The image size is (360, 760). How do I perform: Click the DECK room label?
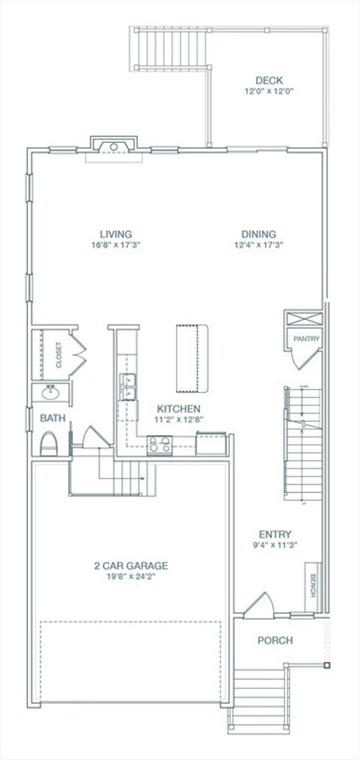(x=269, y=81)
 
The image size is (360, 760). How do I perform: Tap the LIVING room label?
(x=116, y=234)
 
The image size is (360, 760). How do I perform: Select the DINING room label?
(x=259, y=234)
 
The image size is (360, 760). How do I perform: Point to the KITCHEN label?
(x=179, y=409)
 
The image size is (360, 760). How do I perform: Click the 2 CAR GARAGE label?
(x=131, y=566)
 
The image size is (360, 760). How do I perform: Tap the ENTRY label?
(x=275, y=535)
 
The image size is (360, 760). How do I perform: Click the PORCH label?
(x=275, y=640)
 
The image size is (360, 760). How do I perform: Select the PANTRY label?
(x=307, y=339)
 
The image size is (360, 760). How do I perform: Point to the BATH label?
(x=53, y=418)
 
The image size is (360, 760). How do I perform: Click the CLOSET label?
(x=59, y=355)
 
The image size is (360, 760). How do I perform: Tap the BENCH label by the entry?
(x=313, y=586)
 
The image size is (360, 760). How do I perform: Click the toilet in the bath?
(x=49, y=444)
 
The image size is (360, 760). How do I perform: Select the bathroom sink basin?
(x=51, y=392)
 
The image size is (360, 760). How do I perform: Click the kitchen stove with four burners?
(x=160, y=445)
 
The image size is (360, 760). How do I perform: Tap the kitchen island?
(x=193, y=359)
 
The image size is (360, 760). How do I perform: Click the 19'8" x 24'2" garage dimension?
(x=131, y=577)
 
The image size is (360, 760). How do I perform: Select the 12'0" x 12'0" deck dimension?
(x=269, y=91)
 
